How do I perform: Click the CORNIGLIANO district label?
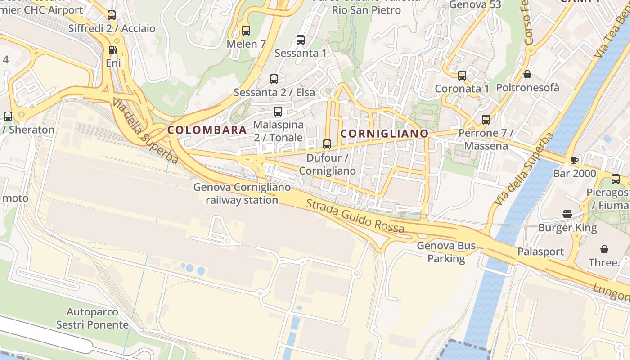(384, 134)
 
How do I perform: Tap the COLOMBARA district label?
(207, 130)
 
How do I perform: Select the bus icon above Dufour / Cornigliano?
(327, 144)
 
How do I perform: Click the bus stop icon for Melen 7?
(246, 31)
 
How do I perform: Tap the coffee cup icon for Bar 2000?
(574, 160)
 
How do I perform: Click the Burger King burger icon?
(567, 214)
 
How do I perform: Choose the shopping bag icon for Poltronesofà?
(527, 74)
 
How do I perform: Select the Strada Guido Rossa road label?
(355, 216)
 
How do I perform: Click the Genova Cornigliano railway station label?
(242, 193)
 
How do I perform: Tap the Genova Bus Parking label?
(446, 252)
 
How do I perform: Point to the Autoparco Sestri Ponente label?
(92, 318)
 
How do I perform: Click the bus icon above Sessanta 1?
(301, 40)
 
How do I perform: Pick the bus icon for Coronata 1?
(462, 75)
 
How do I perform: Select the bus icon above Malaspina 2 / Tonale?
(278, 111)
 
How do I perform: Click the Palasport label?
(540, 252)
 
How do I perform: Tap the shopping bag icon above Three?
(604, 249)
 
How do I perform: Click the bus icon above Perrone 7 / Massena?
(486, 120)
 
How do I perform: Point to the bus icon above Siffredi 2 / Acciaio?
(112, 15)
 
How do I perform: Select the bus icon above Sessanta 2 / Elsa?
(274, 79)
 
